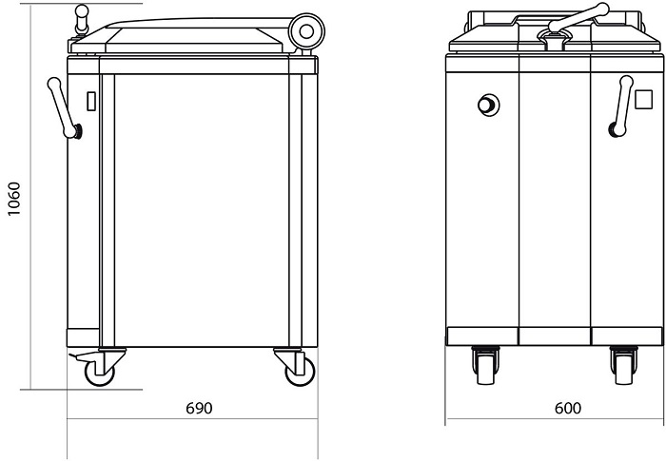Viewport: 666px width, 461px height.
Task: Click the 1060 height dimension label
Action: [x=14, y=199]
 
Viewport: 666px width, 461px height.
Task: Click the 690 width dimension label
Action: [x=199, y=408]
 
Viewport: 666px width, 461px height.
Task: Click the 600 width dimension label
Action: [x=567, y=408]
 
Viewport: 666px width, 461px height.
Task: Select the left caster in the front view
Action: [x=485, y=365]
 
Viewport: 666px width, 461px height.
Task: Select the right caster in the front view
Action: [x=623, y=365]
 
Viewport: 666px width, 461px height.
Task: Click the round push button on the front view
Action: [x=488, y=105]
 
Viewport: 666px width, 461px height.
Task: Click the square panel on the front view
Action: [x=643, y=100]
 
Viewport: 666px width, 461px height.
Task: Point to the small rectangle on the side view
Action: [x=91, y=101]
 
